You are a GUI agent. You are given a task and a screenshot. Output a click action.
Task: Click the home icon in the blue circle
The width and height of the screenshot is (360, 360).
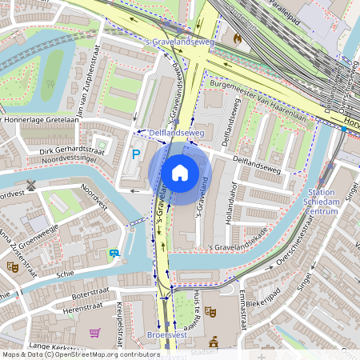point(180,172)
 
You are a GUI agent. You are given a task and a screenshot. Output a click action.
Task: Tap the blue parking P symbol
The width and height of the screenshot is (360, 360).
point(136,154)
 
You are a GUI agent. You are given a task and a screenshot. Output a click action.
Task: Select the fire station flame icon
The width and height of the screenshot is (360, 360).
point(237,37)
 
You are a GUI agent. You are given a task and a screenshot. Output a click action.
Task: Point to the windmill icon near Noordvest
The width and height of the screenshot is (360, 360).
point(31,185)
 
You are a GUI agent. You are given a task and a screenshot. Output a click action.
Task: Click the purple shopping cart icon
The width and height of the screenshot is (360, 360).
point(94,333)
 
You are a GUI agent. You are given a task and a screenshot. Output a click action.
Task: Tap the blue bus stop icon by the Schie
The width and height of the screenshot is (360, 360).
point(115,254)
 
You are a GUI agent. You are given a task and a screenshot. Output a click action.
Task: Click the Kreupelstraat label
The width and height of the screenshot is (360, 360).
point(117,321)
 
